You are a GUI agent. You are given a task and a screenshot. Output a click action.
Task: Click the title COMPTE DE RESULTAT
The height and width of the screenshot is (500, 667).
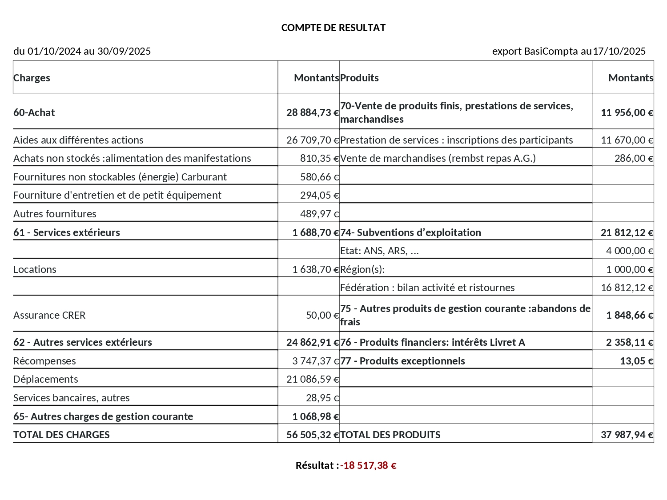click(x=333, y=28)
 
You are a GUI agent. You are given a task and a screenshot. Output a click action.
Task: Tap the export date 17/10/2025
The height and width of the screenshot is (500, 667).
click(x=619, y=51)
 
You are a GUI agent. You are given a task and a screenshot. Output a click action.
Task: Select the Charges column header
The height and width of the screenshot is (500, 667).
click(x=32, y=78)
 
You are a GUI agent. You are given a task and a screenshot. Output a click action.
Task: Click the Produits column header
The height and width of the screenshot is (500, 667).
click(x=359, y=78)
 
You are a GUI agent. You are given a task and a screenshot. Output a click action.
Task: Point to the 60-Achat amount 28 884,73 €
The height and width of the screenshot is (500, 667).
click(x=313, y=112)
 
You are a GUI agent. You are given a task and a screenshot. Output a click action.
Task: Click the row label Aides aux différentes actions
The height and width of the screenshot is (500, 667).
click(x=78, y=140)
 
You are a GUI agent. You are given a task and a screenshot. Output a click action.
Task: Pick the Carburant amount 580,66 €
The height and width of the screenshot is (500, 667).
click(x=319, y=177)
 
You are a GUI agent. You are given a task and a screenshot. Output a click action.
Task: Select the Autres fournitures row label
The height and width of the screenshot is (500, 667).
click(x=55, y=214)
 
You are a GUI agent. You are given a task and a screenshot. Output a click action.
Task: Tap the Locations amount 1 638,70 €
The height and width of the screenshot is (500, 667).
click(x=316, y=269)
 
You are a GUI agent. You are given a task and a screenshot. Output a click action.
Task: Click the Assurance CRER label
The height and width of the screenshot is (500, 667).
click(x=49, y=315)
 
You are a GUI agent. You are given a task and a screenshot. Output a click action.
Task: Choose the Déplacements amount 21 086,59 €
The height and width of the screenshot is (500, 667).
click(x=313, y=379)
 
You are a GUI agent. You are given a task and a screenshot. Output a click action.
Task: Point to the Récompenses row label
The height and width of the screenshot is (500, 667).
click(x=44, y=361)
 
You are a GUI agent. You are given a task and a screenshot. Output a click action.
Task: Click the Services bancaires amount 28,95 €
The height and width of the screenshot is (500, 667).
click(x=322, y=398)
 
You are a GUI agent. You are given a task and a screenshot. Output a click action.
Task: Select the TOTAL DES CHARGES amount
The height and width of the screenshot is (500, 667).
click(x=313, y=435)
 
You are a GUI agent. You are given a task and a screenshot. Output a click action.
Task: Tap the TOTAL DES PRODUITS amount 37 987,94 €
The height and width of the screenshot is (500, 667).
click(x=627, y=435)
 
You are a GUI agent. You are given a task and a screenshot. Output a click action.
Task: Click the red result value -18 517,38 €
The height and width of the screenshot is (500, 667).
click(x=368, y=465)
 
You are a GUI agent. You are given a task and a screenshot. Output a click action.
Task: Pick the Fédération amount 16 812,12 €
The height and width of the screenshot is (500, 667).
click(x=627, y=288)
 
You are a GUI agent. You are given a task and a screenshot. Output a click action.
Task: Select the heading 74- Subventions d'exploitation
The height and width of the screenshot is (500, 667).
click(x=410, y=232)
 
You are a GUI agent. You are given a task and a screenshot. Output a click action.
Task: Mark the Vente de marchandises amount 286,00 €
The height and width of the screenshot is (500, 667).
click(x=634, y=158)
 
